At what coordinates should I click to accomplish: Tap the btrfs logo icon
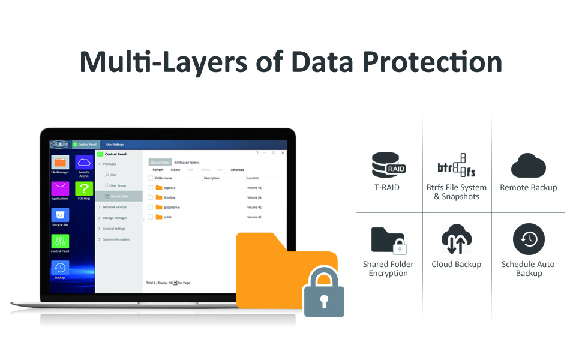point(457,165)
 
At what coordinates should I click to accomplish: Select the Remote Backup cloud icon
point(528,166)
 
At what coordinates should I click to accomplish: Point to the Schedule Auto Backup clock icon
point(528,239)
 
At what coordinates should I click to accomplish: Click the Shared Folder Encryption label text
point(388,269)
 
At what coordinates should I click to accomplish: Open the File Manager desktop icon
point(60,163)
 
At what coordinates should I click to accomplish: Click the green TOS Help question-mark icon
point(84,188)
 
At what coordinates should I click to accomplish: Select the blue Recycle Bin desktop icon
point(60,215)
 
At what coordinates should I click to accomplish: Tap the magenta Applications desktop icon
point(60,189)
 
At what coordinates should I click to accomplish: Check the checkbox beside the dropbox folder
point(151,197)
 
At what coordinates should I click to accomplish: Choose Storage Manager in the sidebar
point(115,218)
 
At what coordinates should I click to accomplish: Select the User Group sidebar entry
point(118,185)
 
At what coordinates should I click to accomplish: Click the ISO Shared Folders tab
point(187,163)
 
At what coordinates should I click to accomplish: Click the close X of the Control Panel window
point(282,153)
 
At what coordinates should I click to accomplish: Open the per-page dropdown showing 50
point(175,282)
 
